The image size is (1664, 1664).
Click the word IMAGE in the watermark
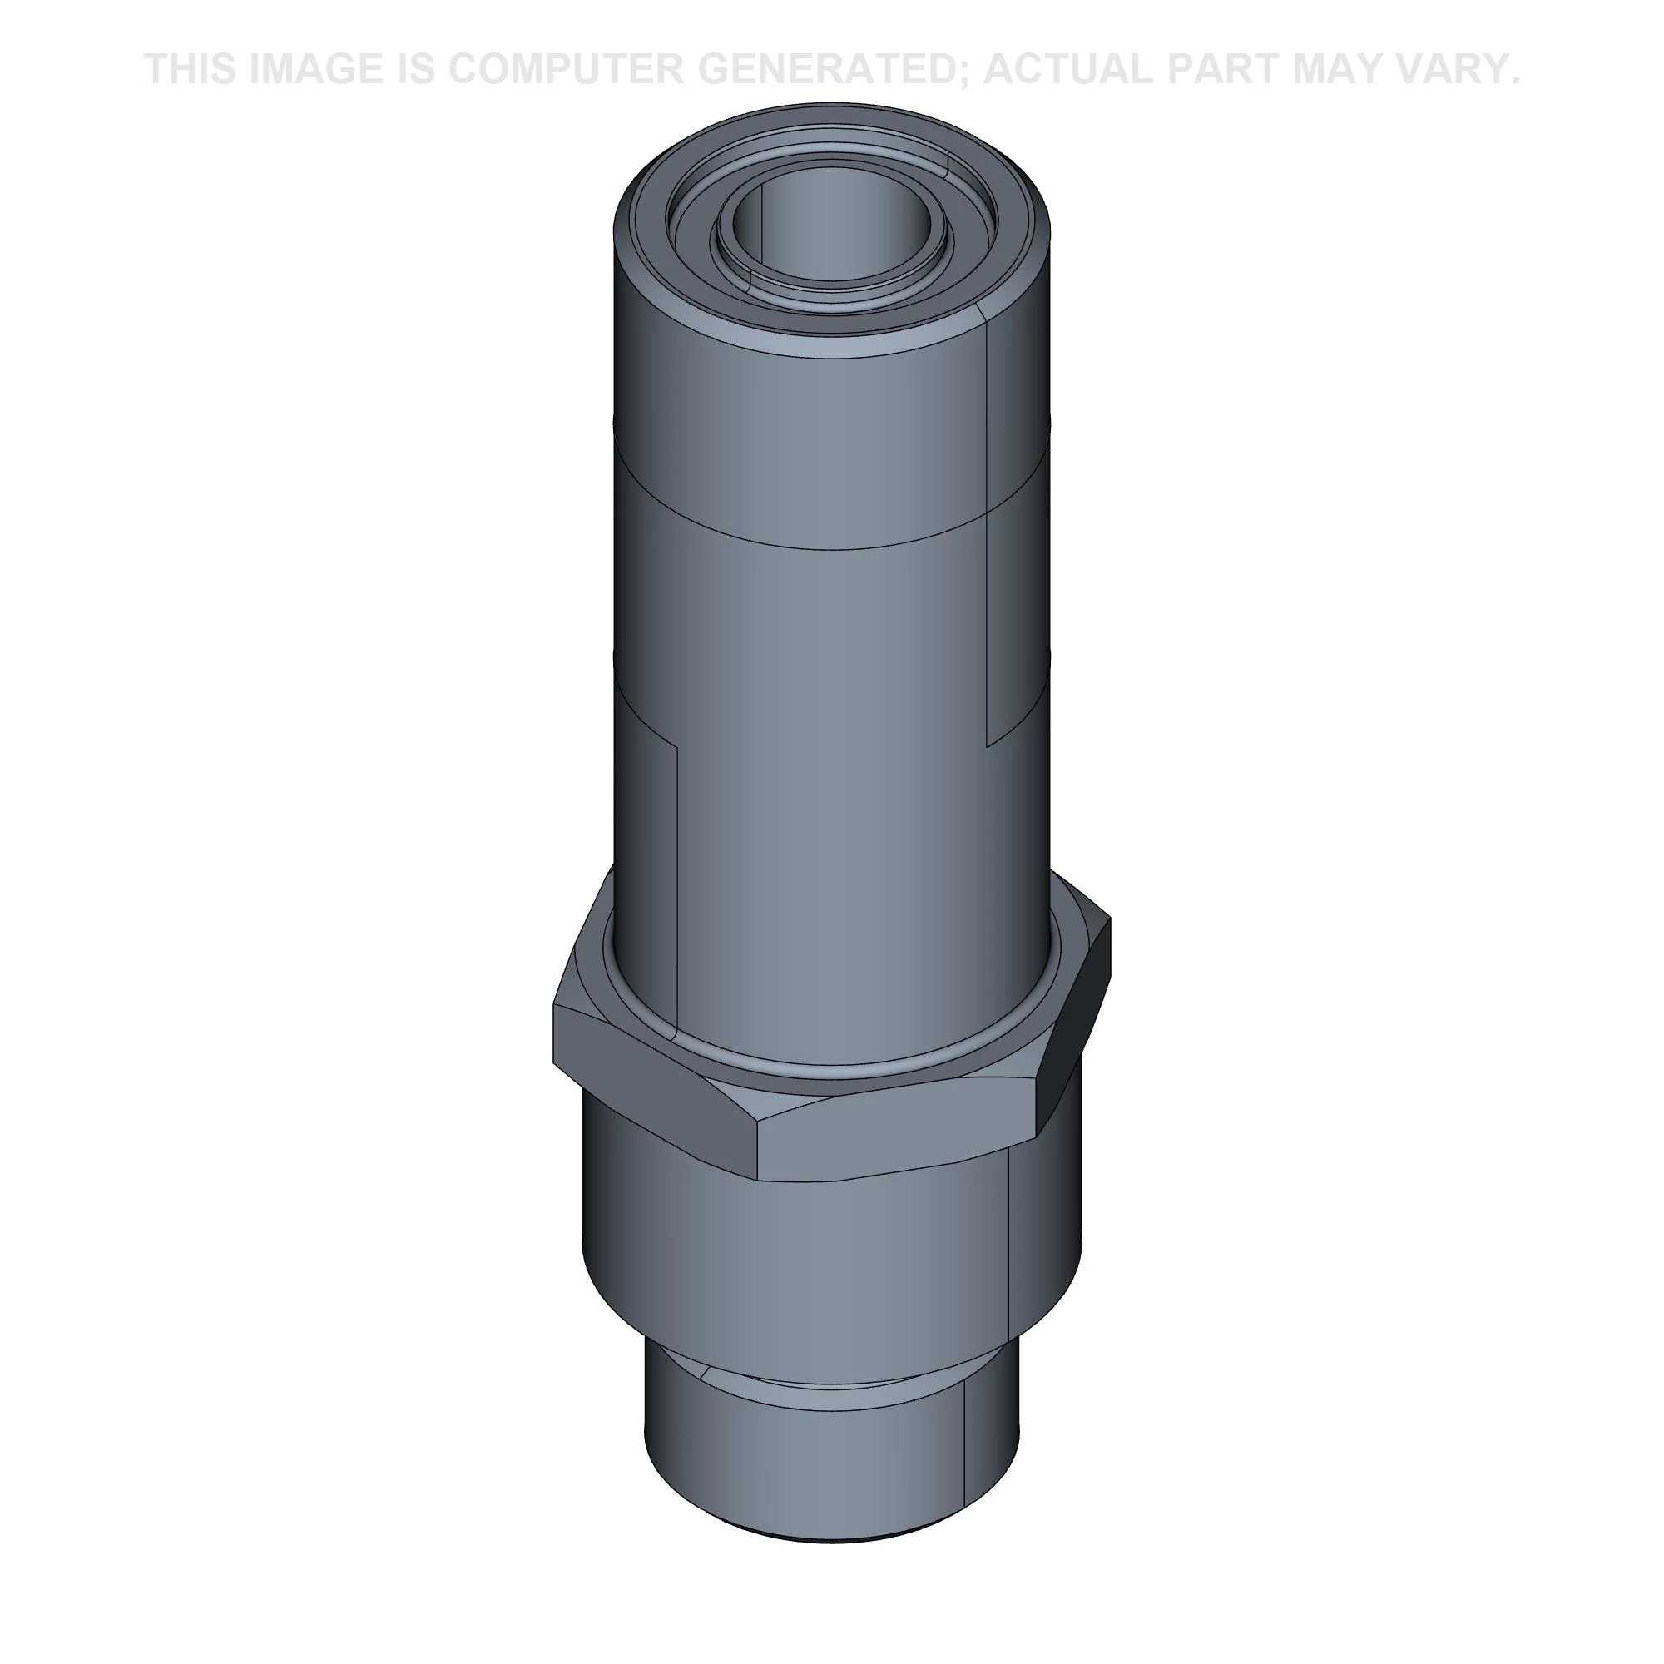315,69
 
